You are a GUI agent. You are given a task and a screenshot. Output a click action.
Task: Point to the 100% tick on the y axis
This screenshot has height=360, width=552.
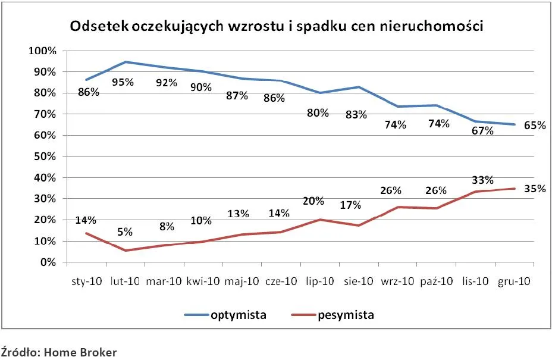[x=42, y=51]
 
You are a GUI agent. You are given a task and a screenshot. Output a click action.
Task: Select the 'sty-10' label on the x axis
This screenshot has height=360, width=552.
[x=87, y=281]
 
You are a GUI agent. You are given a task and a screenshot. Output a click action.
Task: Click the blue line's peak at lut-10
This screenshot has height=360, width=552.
[x=126, y=62]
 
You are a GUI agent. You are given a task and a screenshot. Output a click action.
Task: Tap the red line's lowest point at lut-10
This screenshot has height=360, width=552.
[x=126, y=251]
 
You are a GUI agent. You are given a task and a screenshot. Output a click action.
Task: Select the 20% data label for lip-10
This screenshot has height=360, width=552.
[x=319, y=201]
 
